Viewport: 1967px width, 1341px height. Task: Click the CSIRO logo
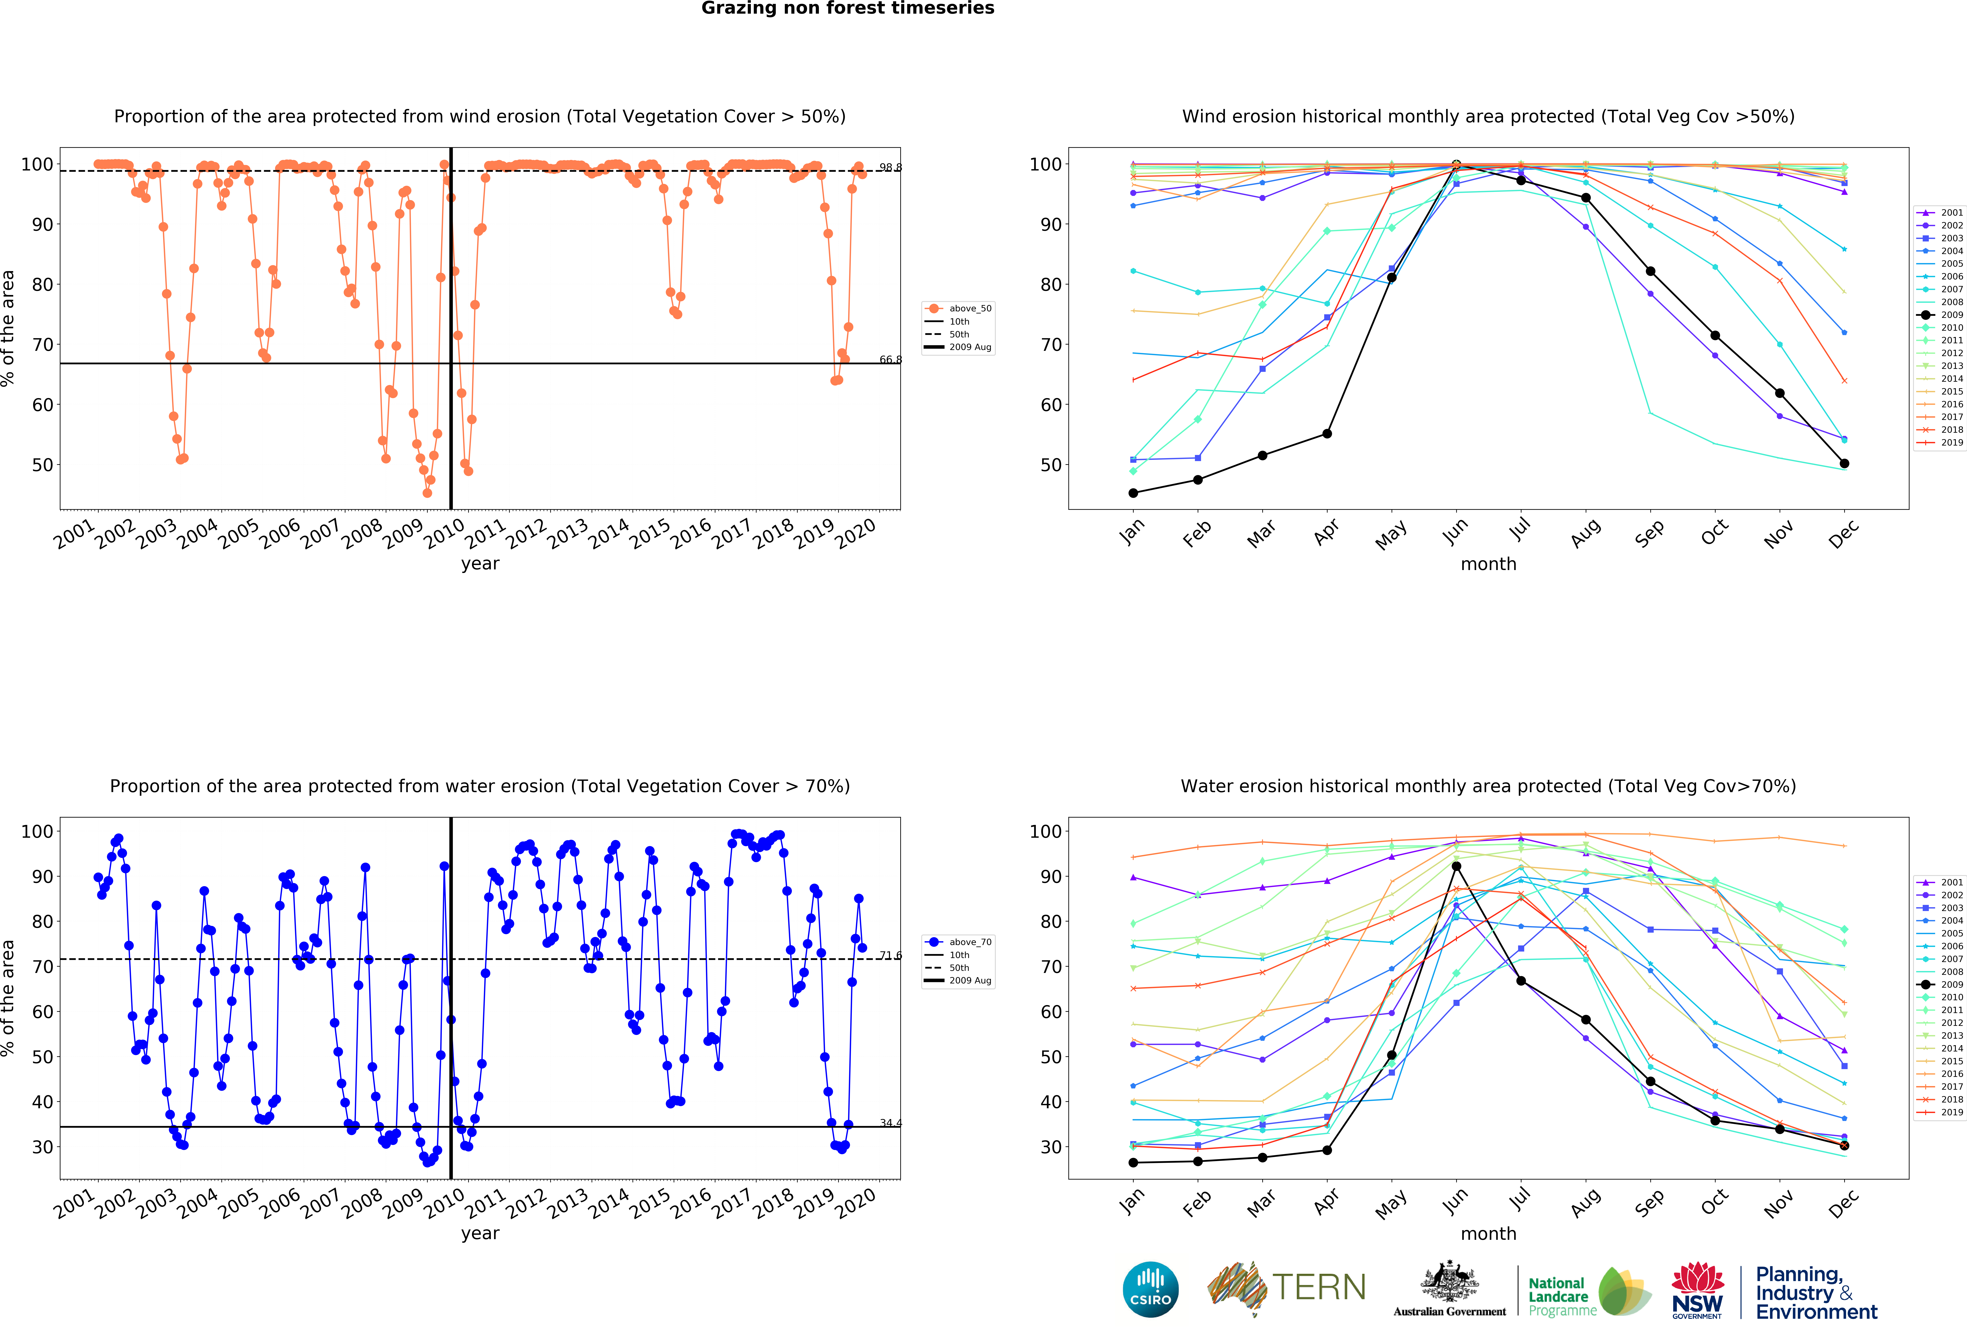[x=1150, y=1289]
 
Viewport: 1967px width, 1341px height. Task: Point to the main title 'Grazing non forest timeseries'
[x=847, y=8]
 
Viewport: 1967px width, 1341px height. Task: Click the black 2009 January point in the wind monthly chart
[x=1133, y=493]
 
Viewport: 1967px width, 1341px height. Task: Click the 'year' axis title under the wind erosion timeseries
[x=480, y=564]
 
